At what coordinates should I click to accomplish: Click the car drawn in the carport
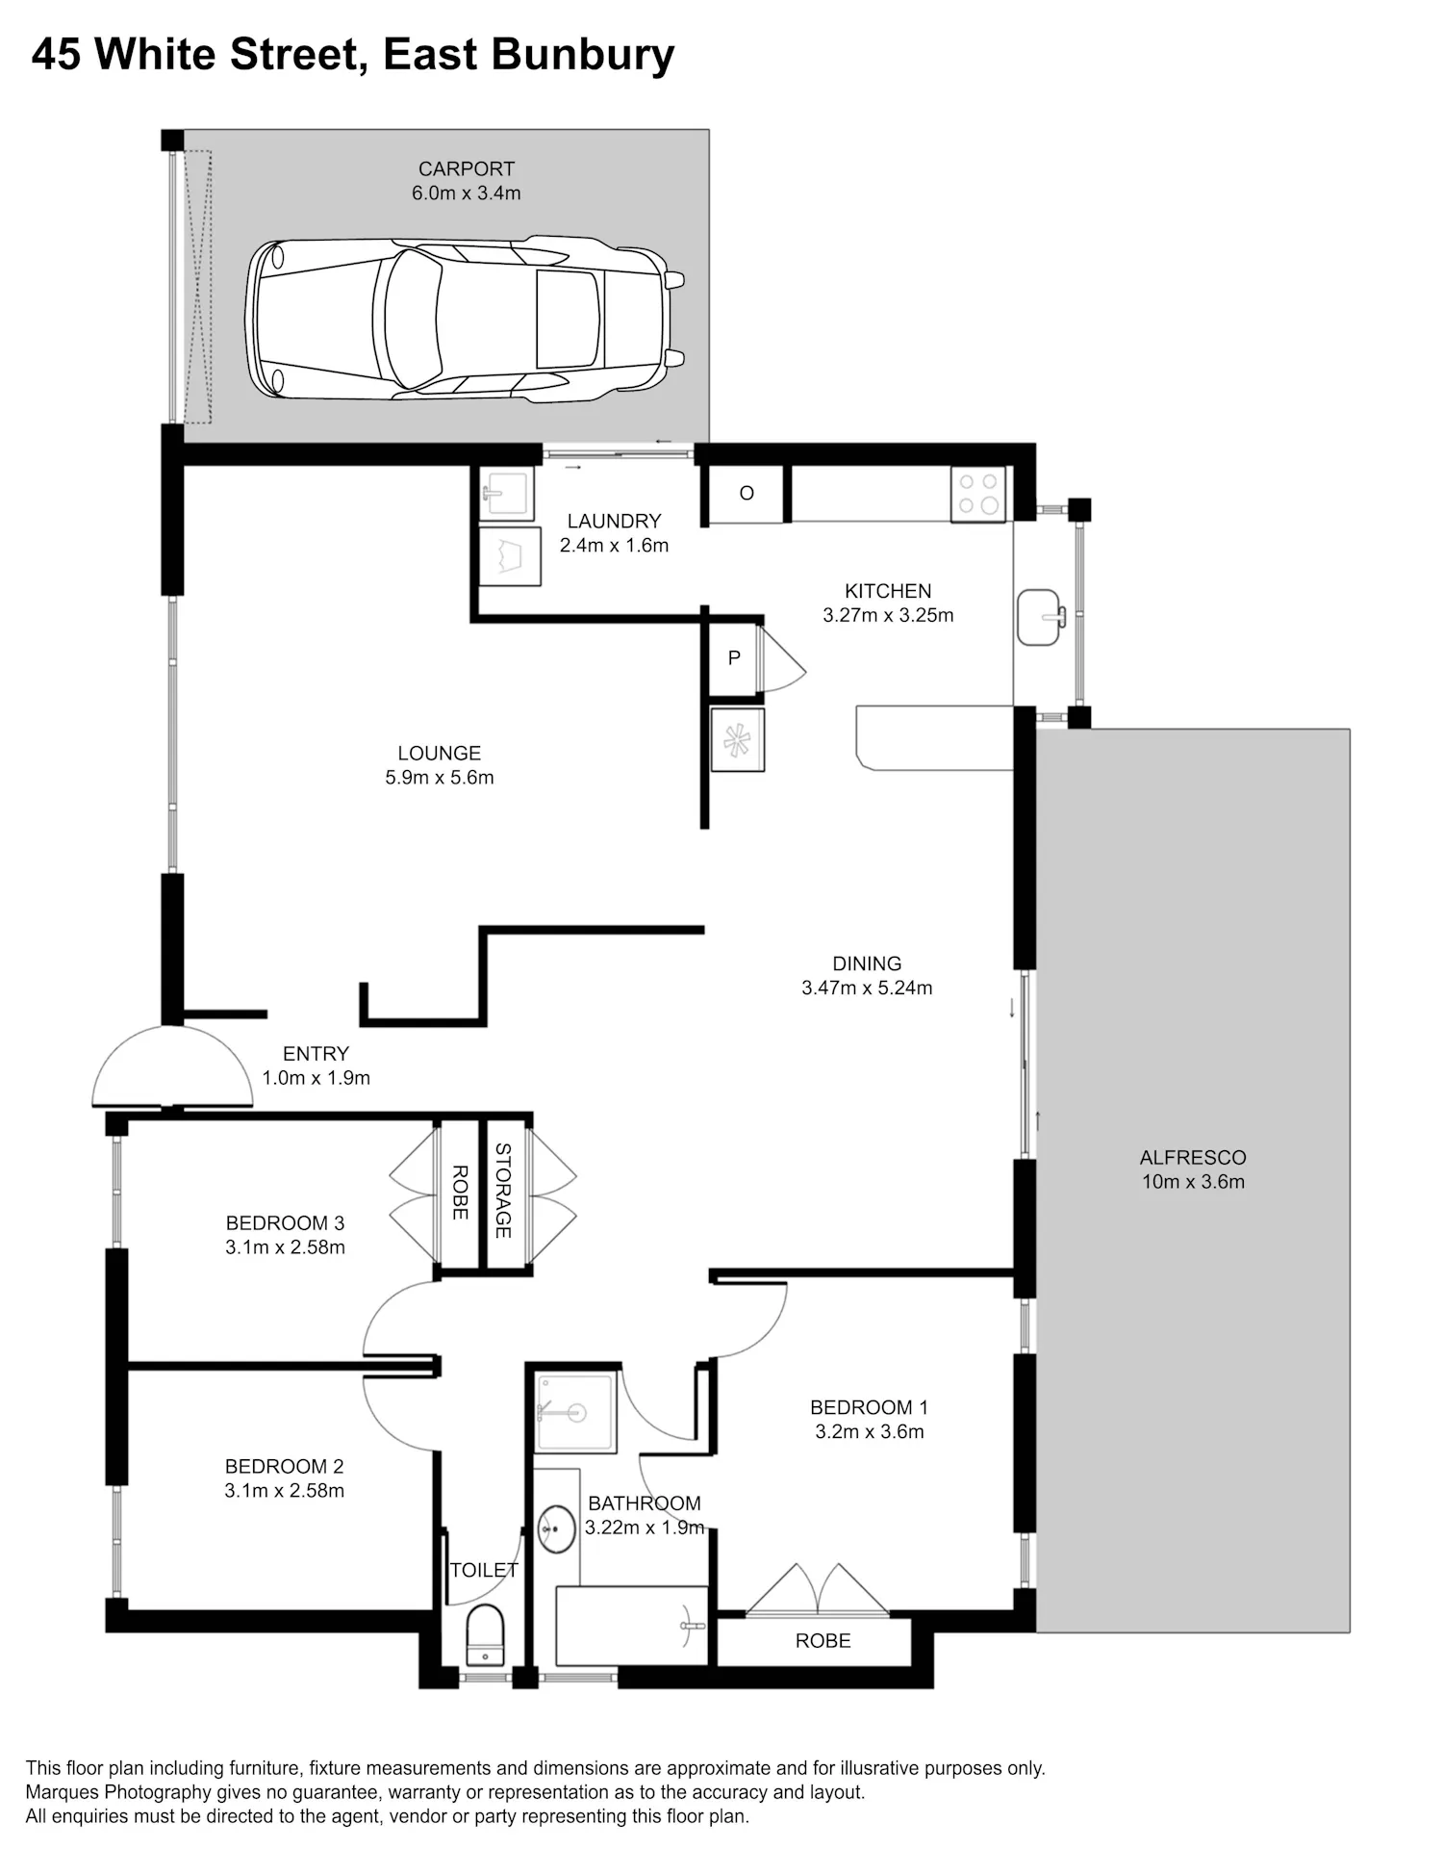point(465,320)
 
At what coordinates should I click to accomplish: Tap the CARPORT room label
point(467,168)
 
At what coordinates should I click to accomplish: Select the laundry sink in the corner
point(506,495)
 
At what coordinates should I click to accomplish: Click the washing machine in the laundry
point(510,555)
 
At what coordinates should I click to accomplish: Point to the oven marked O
point(747,494)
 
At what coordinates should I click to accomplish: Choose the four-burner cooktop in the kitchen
point(978,494)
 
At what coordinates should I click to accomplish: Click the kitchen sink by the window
point(1040,617)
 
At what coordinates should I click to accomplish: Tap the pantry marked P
point(734,658)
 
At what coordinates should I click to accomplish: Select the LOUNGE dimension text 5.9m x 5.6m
point(440,778)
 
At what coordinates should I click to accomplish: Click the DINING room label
point(867,963)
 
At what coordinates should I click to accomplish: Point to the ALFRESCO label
point(1193,1158)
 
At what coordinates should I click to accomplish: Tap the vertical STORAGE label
point(503,1191)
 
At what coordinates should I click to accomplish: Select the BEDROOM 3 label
point(285,1223)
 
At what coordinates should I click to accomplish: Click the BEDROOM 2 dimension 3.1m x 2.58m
point(285,1491)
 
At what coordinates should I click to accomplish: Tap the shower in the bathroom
point(575,1412)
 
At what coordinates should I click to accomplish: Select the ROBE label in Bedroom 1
point(823,1641)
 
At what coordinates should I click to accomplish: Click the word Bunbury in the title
point(583,55)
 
